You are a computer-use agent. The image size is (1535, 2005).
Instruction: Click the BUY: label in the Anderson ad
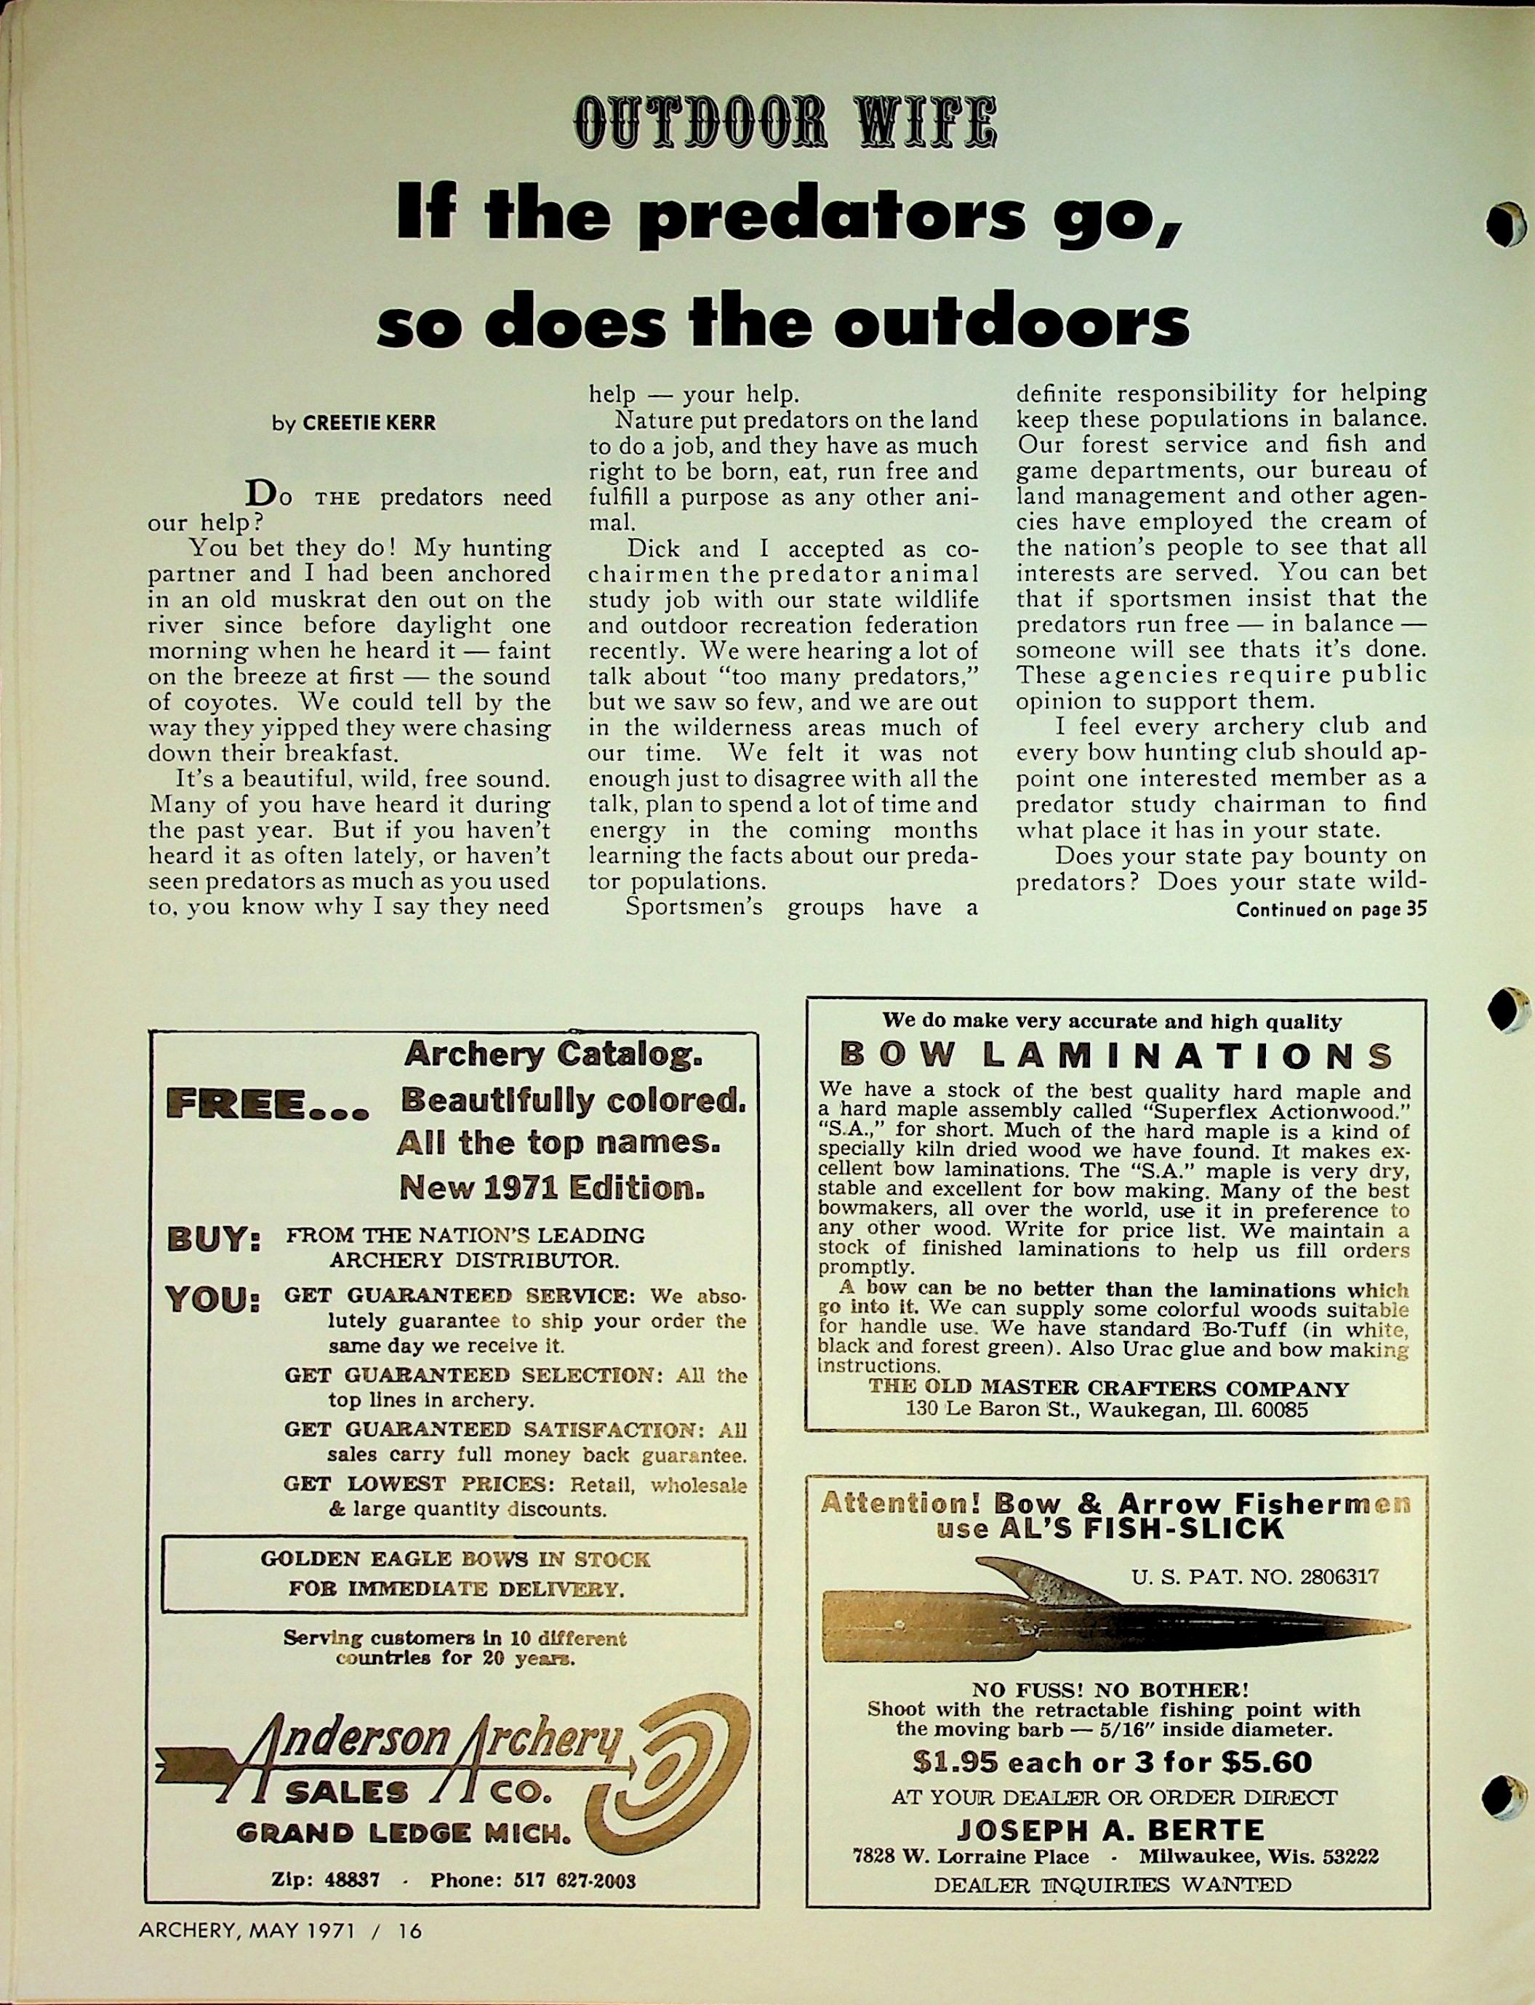pos(213,1244)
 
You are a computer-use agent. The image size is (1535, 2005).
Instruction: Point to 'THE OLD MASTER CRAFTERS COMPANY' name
pos(1108,1389)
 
